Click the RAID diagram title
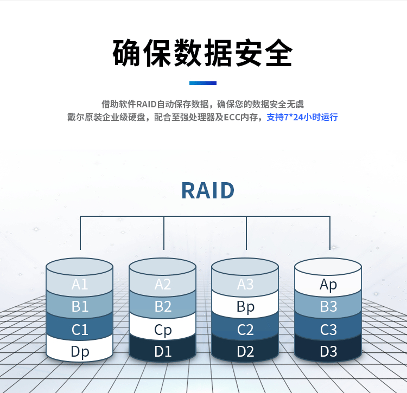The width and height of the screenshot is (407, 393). pyautogui.click(x=208, y=191)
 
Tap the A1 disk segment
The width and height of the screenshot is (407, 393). pyautogui.click(x=80, y=284)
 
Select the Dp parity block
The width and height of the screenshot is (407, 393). pyautogui.click(x=80, y=351)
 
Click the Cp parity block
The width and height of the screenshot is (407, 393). pyautogui.click(x=163, y=330)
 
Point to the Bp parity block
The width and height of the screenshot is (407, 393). pyautogui.click(x=245, y=307)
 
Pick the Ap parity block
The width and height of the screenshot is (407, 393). pyautogui.click(x=328, y=284)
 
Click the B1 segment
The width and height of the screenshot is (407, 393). pyautogui.click(x=80, y=306)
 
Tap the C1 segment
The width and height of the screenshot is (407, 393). pyautogui.click(x=80, y=329)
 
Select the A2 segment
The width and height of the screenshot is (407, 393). pyautogui.click(x=163, y=284)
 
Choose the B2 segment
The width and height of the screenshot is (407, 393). pyautogui.click(x=163, y=306)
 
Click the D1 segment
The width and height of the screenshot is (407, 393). pyautogui.click(x=163, y=351)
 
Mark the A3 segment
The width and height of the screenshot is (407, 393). pyautogui.click(x=245, y=284)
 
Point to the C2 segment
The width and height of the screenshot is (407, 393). pyautogui.click(x=245, y=329)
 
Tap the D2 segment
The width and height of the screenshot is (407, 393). pyautogui.click(x=245, y=351)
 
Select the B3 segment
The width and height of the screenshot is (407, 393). pyautogui.click(x=328, y=306)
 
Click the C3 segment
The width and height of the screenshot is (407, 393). pyautogui.click(x=328, y=329)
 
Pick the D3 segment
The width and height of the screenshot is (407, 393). pyautogui.click(x=328, y=351)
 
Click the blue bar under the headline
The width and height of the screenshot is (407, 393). pyautogui.click(x=203, y=83)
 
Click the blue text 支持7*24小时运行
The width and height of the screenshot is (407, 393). pyautogui.click(x=302, y=117)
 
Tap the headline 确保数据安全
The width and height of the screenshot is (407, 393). pyautogui.click(x=203, y=53)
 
